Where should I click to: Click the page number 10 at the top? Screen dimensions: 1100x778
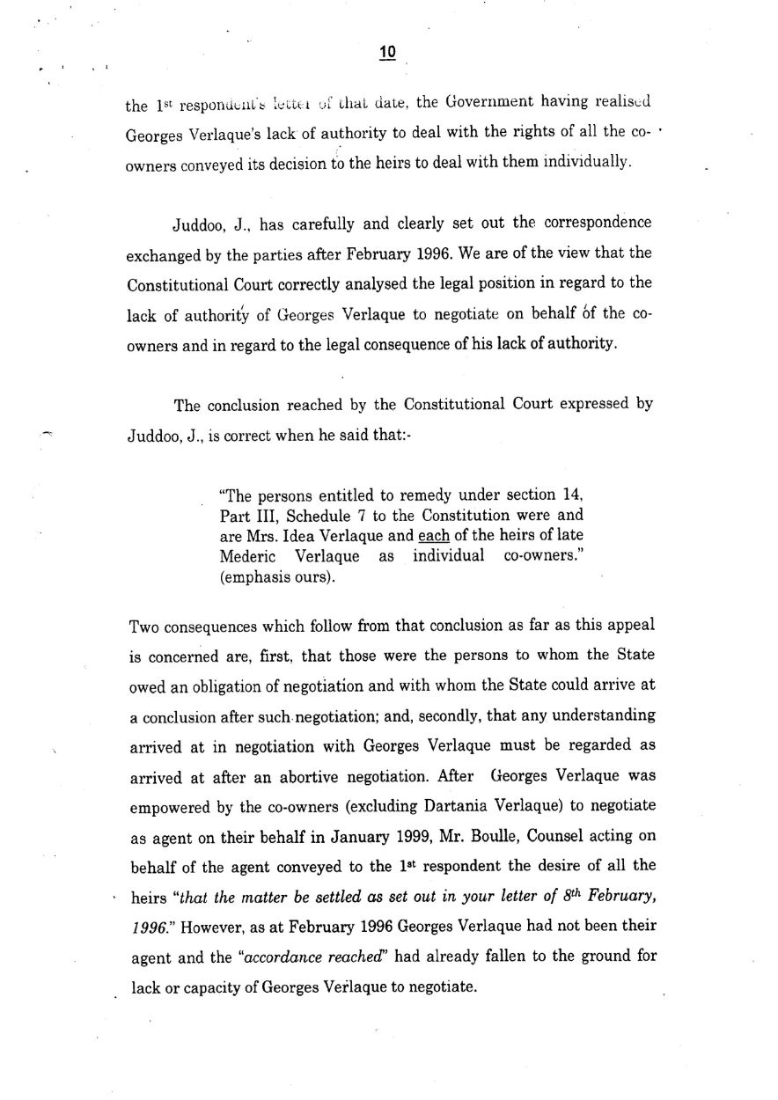tap(387, 53)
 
